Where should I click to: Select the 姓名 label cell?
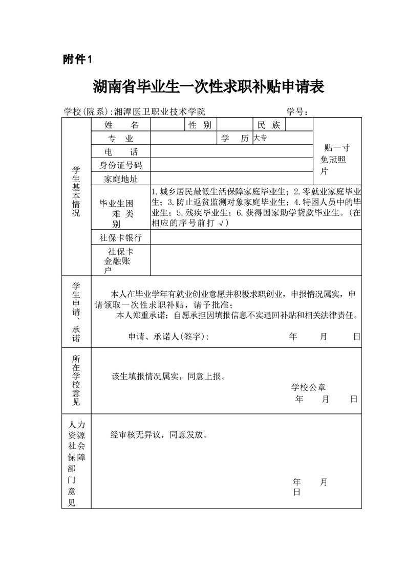(121, 125)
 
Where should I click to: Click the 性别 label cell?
(200, 125)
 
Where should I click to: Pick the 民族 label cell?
(269, 125)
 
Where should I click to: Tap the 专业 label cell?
(121, 139)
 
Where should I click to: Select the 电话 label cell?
(121, 152)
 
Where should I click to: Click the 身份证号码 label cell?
(121, 165)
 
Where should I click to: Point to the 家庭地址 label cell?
(121, 179)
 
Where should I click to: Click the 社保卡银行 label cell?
(121, 238)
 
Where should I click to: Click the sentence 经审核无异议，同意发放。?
(159, 435)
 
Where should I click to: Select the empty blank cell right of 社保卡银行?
(255, 238)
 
